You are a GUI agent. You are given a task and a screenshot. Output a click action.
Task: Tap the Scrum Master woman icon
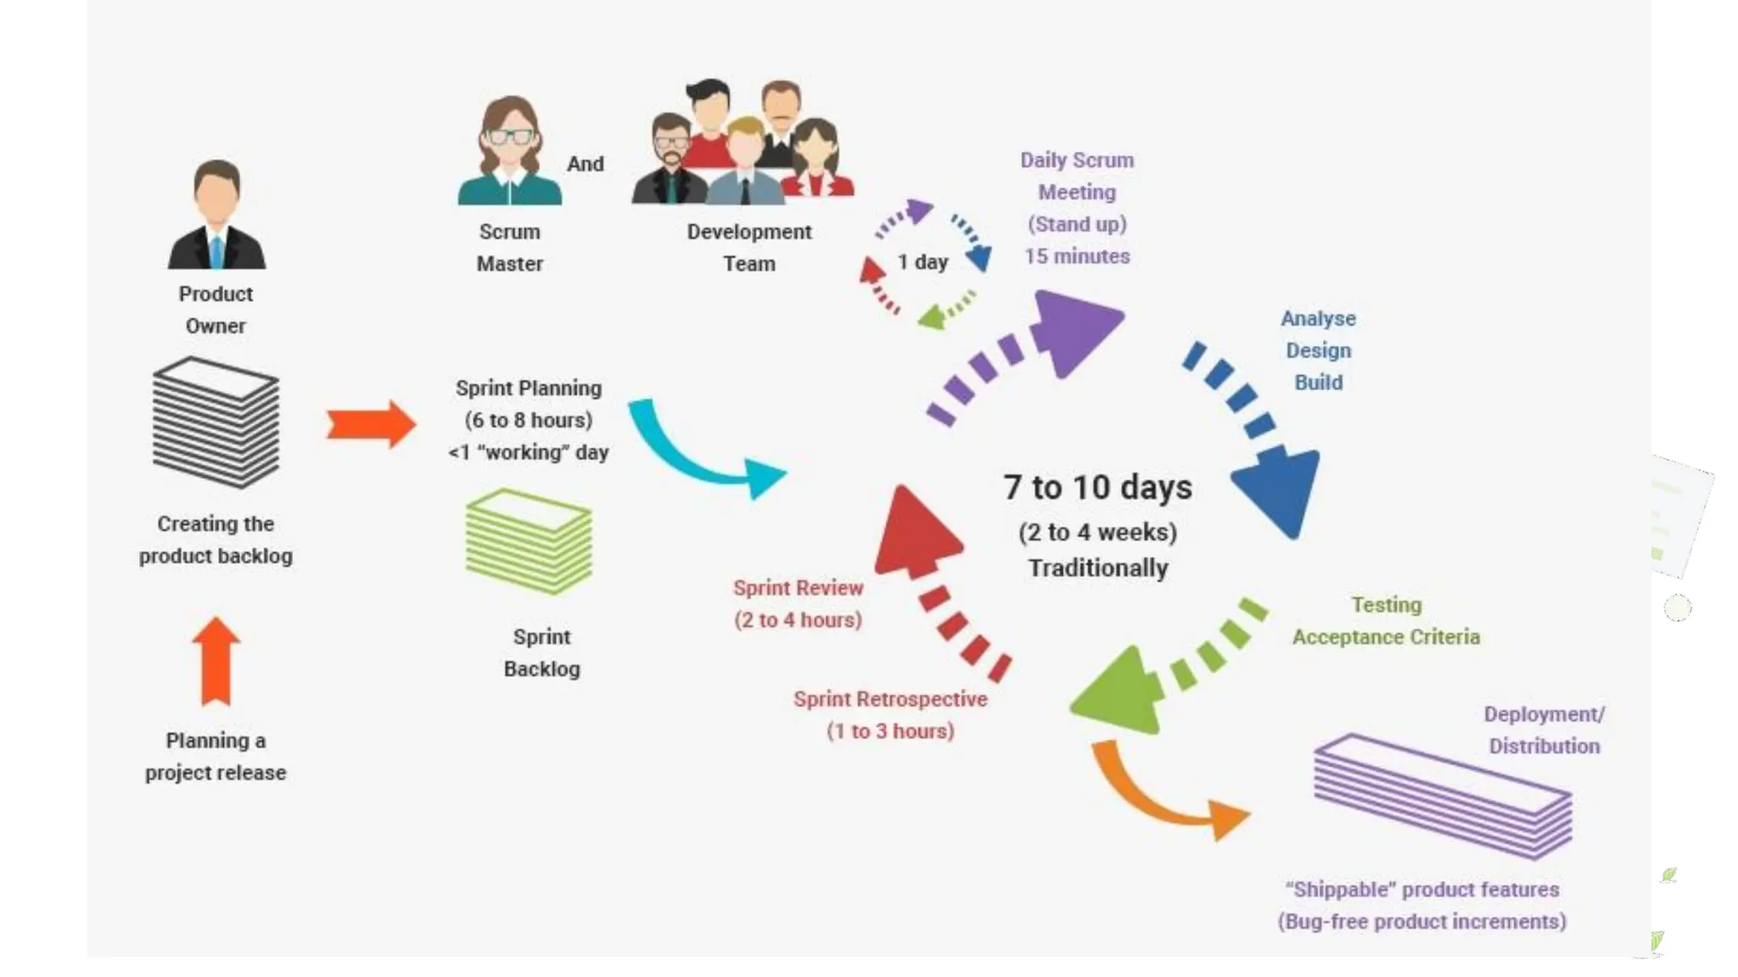509,153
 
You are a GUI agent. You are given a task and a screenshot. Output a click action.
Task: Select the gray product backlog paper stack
216,422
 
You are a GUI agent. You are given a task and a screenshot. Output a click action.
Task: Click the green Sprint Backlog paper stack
529,541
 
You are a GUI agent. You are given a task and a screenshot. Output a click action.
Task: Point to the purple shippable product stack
1443,796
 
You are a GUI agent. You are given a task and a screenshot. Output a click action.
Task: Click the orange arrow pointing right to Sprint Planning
371,423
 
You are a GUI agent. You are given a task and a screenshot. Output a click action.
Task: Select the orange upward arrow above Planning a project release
216,661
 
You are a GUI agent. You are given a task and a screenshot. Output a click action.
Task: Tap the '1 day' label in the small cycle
922,262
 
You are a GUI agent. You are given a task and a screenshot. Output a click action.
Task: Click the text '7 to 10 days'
1097,488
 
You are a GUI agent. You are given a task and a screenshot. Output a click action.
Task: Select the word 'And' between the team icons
586,164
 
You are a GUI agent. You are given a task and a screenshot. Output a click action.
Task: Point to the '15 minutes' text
1077,256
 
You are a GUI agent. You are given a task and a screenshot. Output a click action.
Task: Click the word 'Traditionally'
1098,568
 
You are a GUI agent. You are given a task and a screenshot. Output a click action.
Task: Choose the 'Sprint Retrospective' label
890,699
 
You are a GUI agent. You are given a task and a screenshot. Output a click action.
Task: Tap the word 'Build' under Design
1318,382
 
